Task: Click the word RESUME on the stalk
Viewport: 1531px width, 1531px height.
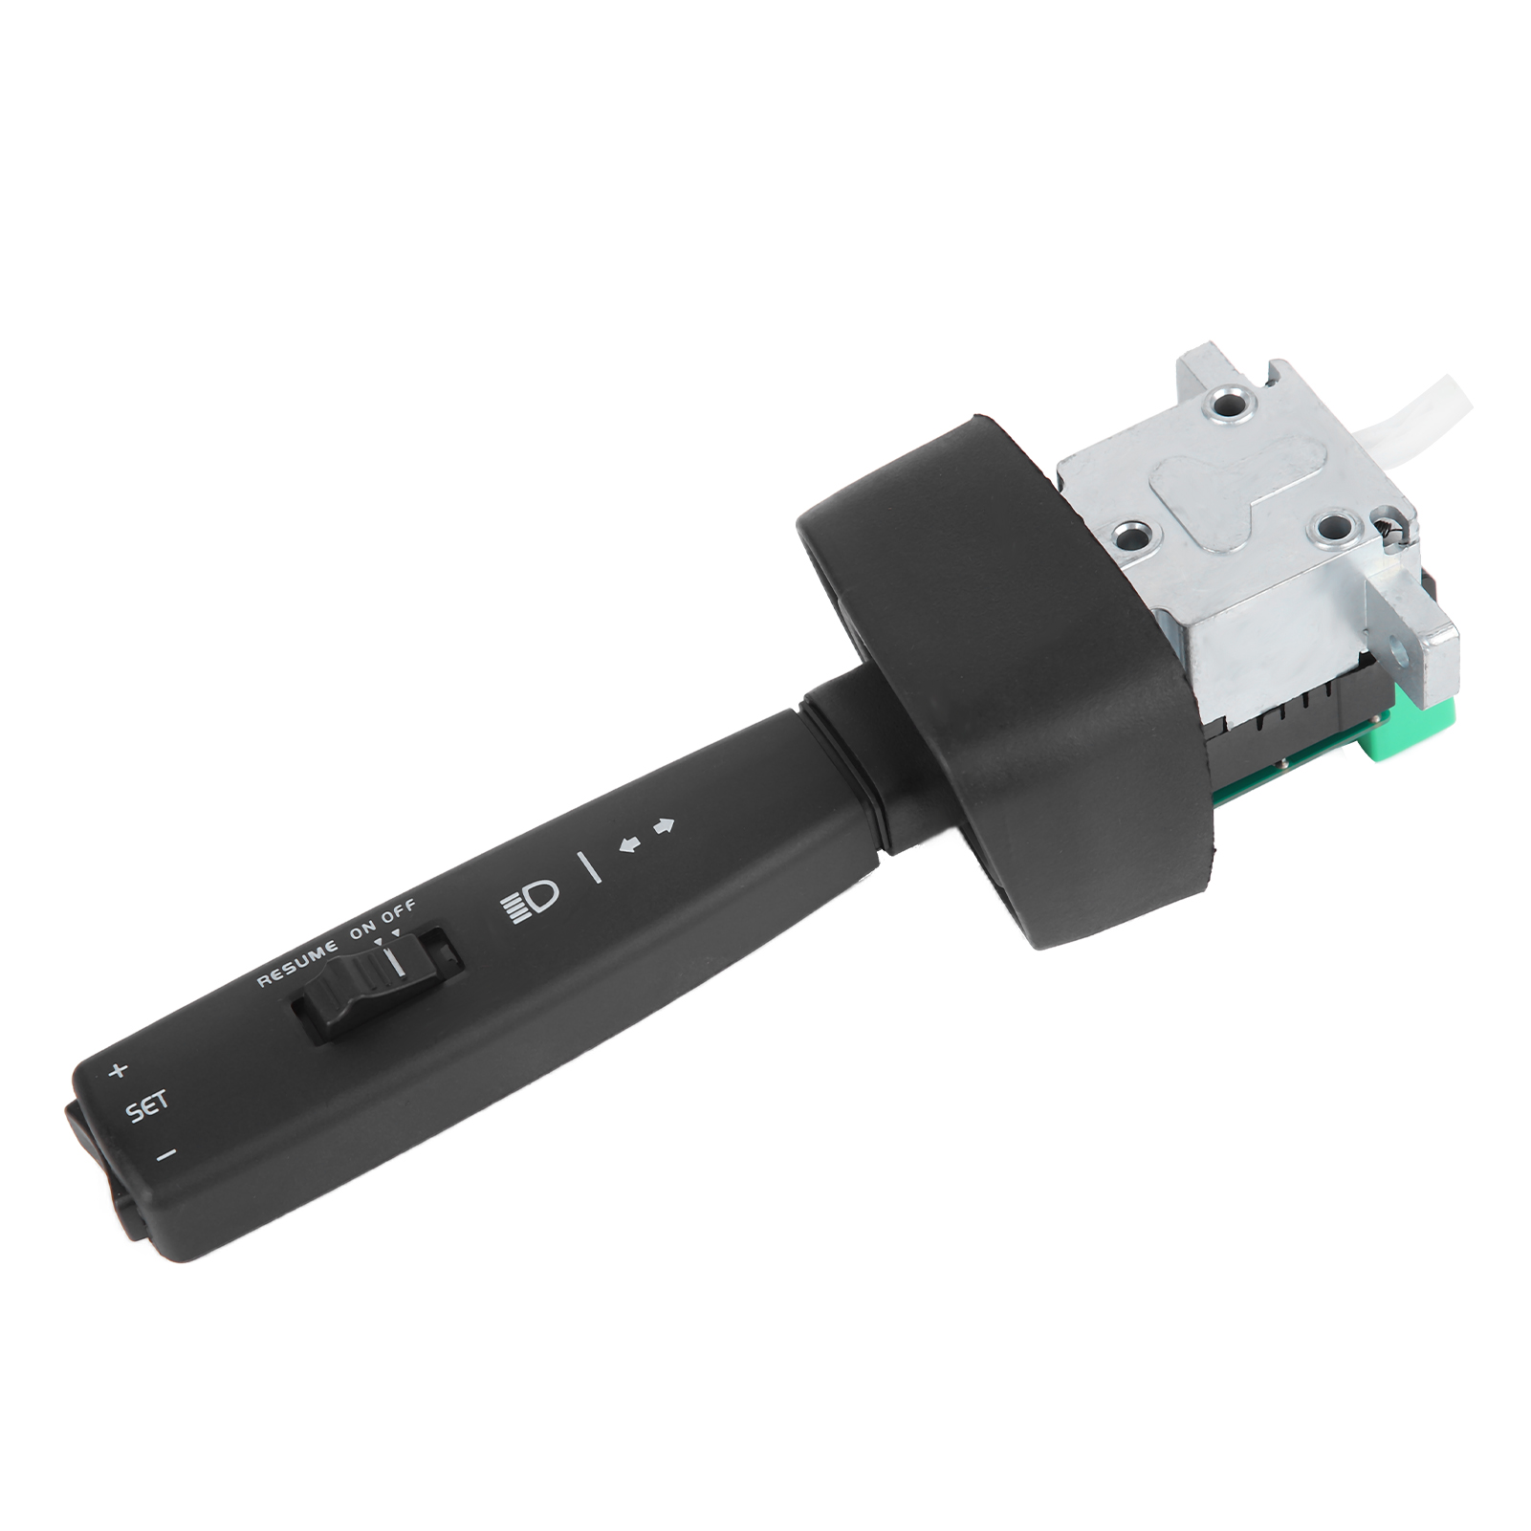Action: point(297,963)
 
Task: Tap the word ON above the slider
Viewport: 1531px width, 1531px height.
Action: point(364,931)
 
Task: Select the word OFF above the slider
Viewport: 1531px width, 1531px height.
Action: point(400,913)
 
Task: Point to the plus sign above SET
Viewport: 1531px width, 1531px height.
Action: point(118,1070)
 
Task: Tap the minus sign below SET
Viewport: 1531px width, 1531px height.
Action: point(166,1155)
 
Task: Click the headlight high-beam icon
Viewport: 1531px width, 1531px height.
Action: point(531,901)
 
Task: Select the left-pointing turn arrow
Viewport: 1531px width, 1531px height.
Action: point(629,842)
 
